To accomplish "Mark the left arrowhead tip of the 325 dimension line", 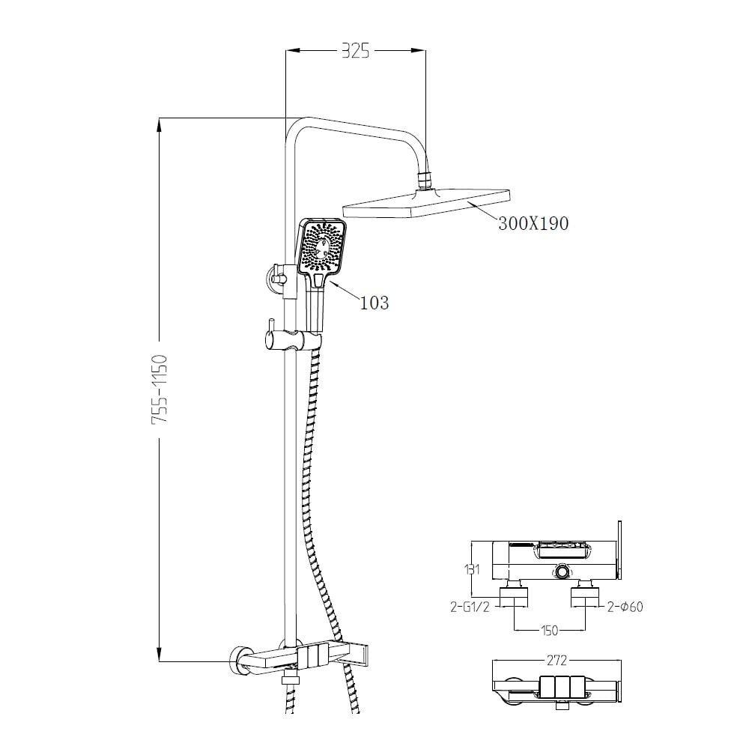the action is (285, 49).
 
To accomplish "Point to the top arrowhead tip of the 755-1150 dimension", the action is (160, 118).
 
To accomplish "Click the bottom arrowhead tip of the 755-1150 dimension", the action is (160, 661).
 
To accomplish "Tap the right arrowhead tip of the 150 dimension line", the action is (586, 631).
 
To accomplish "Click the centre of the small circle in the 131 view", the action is (562, 571).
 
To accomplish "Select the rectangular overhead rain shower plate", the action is (427, 204).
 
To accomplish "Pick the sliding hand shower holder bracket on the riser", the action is (292, 339).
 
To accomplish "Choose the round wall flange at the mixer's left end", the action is (241, 661).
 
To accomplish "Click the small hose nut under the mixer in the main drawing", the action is (289, 679).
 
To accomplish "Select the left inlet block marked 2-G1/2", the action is (514, 597).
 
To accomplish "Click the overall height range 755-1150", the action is (159, 389).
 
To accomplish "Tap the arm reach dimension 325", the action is (355, 50).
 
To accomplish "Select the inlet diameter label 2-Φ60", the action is (625, 607).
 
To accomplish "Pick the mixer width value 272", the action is (557, 660).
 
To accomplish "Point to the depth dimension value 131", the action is (471, 569).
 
